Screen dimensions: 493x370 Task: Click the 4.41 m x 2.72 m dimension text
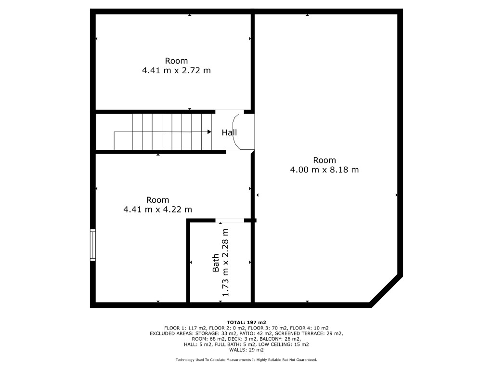tap(176, 70)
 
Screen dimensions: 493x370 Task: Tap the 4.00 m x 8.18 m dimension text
tap(324, 170)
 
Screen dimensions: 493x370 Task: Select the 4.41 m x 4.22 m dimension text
tap(157, 210)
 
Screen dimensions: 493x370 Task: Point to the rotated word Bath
tap(216, 263)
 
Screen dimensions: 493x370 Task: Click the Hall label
tap(229, 132)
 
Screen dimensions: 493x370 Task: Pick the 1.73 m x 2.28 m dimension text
tap(225, 263)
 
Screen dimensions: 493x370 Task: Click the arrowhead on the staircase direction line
tap(209, 132)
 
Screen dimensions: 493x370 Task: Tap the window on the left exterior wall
tap(93, 245)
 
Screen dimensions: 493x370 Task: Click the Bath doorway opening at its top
tap(230, 221)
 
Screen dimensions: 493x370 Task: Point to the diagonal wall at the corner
tap(386, 291)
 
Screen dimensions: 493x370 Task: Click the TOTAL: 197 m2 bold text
tap(246, 322)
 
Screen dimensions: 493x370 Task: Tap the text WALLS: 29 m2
tap(246, 350)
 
